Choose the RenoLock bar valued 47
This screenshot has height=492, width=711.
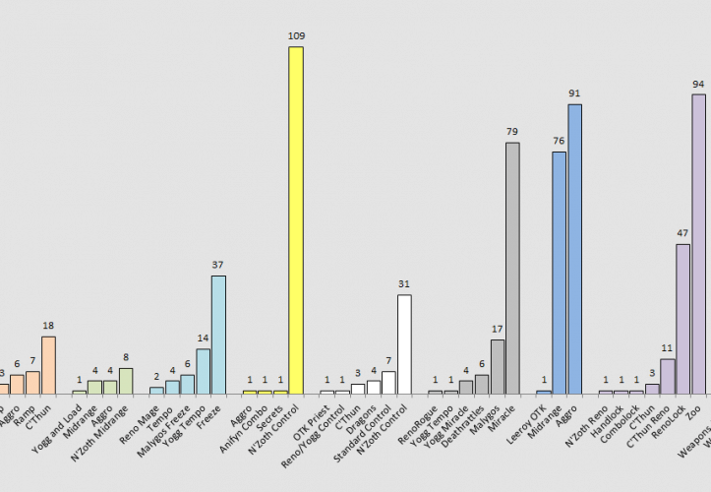pos(682,319)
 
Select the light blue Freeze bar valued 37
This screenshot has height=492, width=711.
pos(218,335)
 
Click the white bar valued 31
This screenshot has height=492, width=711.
pos(404,344)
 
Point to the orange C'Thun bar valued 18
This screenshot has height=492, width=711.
pos(48,365)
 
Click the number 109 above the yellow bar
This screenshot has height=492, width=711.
pos(296,35)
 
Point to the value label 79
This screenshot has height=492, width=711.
pos(512,132)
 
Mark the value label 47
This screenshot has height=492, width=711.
pos(682,233)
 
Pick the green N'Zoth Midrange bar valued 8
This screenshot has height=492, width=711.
pos(126,381)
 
